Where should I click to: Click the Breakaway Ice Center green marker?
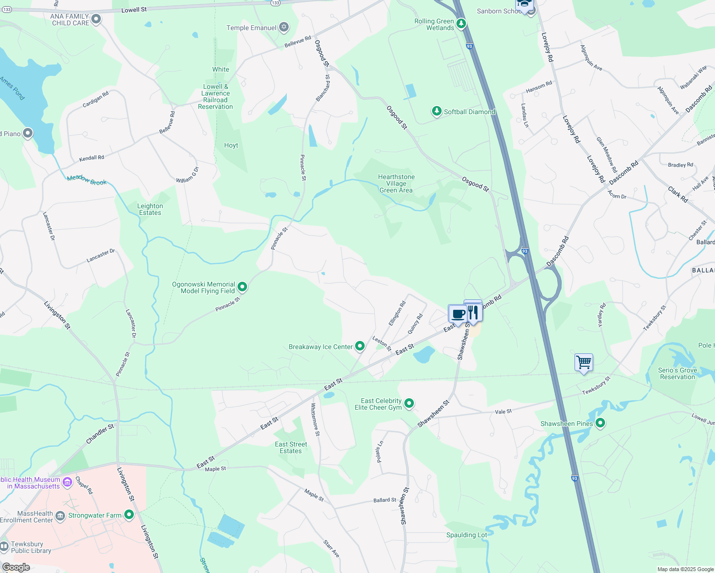pyautogui.click(x=360, y=346)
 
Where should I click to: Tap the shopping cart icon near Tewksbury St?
pyautogui.click(x=584, y=362)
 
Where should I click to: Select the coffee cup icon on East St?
pyautogui.click(x=457, y=314)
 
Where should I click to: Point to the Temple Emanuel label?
pyautogui.click(x=251, y=28)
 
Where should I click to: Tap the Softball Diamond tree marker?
pyautogui.click(x=436, y=111)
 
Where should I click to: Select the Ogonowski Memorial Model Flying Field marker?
pyautogui.click(x=242, y=287)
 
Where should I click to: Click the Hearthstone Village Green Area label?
pyautogui.click(x=396, y=183)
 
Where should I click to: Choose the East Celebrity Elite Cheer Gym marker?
pyautogui.click(x=409, y=403)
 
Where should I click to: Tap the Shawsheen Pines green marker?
pyautogui.click(x=601, y=423)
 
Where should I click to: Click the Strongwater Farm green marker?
pyautogui.click(x=129, y=515)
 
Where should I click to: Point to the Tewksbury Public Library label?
pyautogui.click(x=27, y=547)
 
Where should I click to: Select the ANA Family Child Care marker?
pyautogui.click(x=96, y=19)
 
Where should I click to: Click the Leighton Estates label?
pyautogui.click(x=150, y=209)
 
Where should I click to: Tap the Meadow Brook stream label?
pyautogui.click(x=87, y=180)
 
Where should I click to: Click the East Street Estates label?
pyautogui.click(x=291, y=447)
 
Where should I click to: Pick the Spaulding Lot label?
pyautogui.click(x=466, y=535)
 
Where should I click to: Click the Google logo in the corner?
pyautogui.click(x=16, y=567)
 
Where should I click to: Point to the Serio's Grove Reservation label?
pyautogui.click(x=677, y=373)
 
